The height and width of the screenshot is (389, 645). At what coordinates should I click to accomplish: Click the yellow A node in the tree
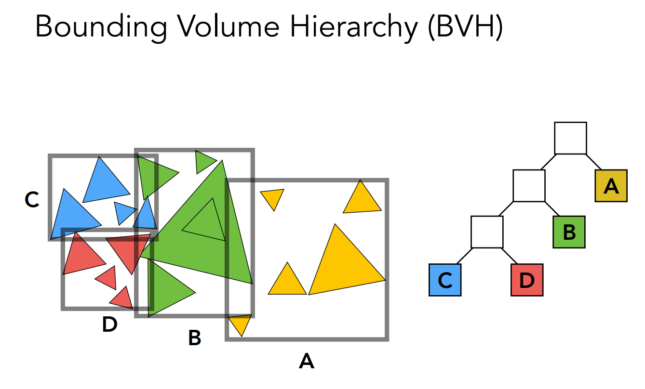(x=611, y=185)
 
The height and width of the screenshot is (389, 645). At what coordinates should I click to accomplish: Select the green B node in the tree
(x=569, y=232)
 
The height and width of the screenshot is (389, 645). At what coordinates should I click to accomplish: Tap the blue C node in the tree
(x=445, y=280)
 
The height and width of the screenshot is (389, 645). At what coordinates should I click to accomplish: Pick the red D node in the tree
(x=526, y=280)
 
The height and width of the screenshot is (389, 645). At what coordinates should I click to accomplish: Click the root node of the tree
(x=570, y=138)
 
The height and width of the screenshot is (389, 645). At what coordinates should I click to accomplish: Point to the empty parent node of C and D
(x=487, y=232)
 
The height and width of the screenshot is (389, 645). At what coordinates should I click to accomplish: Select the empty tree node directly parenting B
(x=529, y=185)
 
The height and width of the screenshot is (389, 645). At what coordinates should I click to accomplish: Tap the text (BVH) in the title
(x=463, y=26)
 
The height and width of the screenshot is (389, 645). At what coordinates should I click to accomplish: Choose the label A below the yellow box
(x=307, y=361)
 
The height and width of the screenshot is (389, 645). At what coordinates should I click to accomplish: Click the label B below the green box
(x=194, y=338)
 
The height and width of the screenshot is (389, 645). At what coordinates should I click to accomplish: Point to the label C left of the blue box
(x=32, y=199)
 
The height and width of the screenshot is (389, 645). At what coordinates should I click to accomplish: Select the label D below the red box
(x=109, y=325)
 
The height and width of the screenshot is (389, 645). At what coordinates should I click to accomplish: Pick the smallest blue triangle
(x=125, y=212)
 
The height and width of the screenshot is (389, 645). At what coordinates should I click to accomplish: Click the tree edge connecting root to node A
(x=592, y=162)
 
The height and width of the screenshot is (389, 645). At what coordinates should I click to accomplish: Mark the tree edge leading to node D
(x=509, y=256)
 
